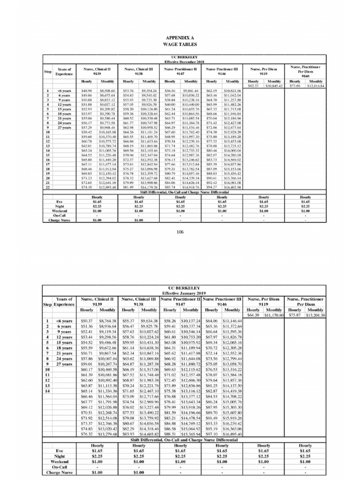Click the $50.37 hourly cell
pyautogui.click(x=88, y=321)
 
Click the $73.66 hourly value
pyautogui.click(x=294, y=86)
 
